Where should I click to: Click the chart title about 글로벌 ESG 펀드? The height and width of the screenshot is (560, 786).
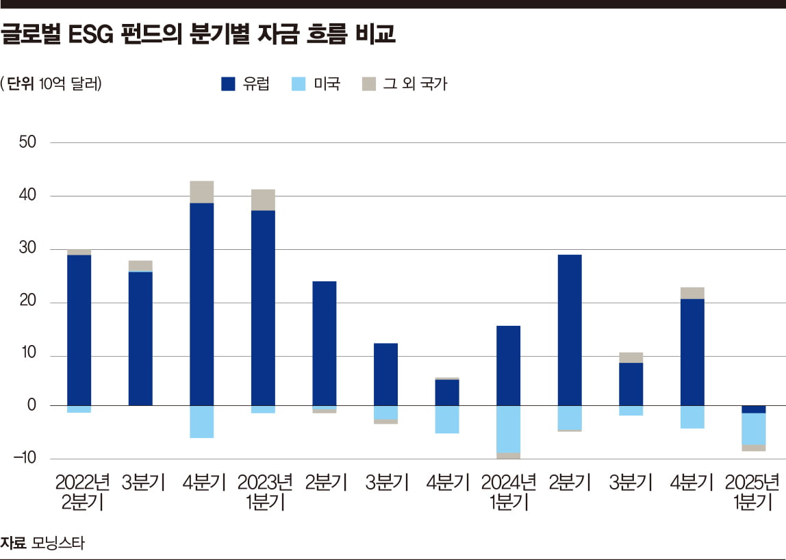(199, 35)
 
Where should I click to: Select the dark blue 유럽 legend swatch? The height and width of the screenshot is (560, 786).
(228, 84)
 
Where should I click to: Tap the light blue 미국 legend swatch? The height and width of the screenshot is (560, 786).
(299, 84)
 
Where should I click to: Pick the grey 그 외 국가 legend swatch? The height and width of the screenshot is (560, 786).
(369, 84)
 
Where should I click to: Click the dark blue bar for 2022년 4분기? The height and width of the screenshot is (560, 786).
(201, 304)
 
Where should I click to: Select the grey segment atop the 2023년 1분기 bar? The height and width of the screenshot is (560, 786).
(263, 200)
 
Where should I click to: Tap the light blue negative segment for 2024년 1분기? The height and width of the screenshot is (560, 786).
(508, 429)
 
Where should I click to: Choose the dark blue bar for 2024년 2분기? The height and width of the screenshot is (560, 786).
(570, 330)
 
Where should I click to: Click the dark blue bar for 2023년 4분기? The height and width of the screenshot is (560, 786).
(447, 392)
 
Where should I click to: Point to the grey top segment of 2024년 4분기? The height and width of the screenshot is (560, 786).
(692, 293)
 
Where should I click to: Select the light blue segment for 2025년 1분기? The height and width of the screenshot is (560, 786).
(753, 429)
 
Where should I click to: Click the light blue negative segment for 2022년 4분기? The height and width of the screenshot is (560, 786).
(201, 422)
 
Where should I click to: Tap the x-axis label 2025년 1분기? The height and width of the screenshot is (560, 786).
(753, 492)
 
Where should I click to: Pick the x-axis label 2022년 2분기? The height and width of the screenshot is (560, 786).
(79, 492)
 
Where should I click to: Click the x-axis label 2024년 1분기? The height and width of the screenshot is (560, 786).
(508, 492)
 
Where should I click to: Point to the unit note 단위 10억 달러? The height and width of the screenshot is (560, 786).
(51, 84)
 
